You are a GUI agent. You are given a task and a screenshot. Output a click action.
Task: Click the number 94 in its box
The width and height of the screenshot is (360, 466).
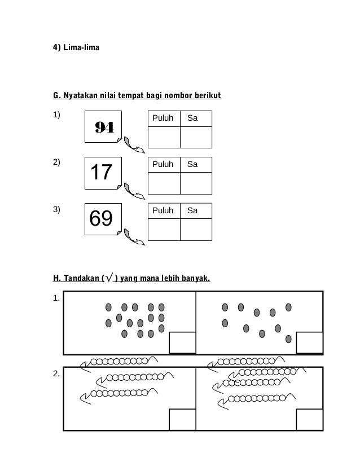(104, 128)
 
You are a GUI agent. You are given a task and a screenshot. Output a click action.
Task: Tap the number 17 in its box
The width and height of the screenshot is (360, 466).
(102, 172)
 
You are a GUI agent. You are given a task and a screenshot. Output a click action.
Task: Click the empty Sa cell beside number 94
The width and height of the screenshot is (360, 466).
(196, 137)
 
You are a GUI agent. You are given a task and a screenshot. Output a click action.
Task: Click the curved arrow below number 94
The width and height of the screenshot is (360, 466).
(134, 145)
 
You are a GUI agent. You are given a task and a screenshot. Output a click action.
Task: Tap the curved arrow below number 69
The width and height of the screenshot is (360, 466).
(134, 237)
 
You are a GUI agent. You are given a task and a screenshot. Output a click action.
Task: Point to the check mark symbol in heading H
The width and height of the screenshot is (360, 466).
(110, 278)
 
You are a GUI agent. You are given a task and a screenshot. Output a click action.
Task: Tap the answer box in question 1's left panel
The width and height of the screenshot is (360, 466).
(182, 342)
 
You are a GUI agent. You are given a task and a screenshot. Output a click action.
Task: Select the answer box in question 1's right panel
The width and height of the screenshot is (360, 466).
(309, 342)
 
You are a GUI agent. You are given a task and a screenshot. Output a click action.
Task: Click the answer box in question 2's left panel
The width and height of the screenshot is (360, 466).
(182, 420)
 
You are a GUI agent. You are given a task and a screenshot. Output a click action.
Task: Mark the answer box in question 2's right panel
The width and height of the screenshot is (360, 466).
(309, 420)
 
